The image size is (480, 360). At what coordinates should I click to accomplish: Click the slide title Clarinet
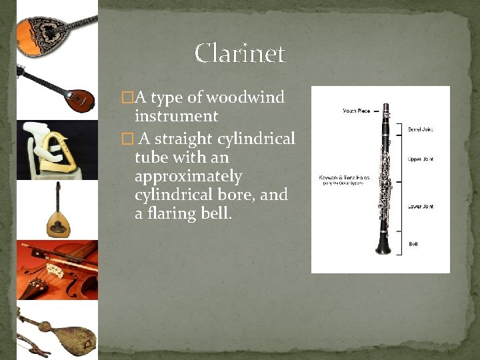240,53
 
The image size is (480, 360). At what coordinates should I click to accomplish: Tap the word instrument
176,117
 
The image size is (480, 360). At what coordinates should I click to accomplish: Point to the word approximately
188,177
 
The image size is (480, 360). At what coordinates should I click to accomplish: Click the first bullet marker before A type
127,98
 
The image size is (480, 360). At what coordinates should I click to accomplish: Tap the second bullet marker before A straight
128,139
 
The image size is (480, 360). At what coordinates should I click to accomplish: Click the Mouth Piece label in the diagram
356,111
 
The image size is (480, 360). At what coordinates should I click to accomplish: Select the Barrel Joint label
420,129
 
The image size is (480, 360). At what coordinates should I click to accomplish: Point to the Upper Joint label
420,159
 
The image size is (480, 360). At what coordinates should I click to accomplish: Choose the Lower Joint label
420,207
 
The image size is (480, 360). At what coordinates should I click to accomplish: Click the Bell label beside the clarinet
413,244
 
